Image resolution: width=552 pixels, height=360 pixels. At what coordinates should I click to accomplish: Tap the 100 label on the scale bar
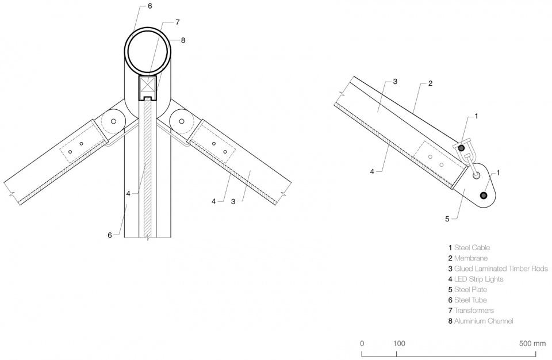(x=399, y=343)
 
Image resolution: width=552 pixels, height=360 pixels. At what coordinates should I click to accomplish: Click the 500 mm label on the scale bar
(x=532, y=343)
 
